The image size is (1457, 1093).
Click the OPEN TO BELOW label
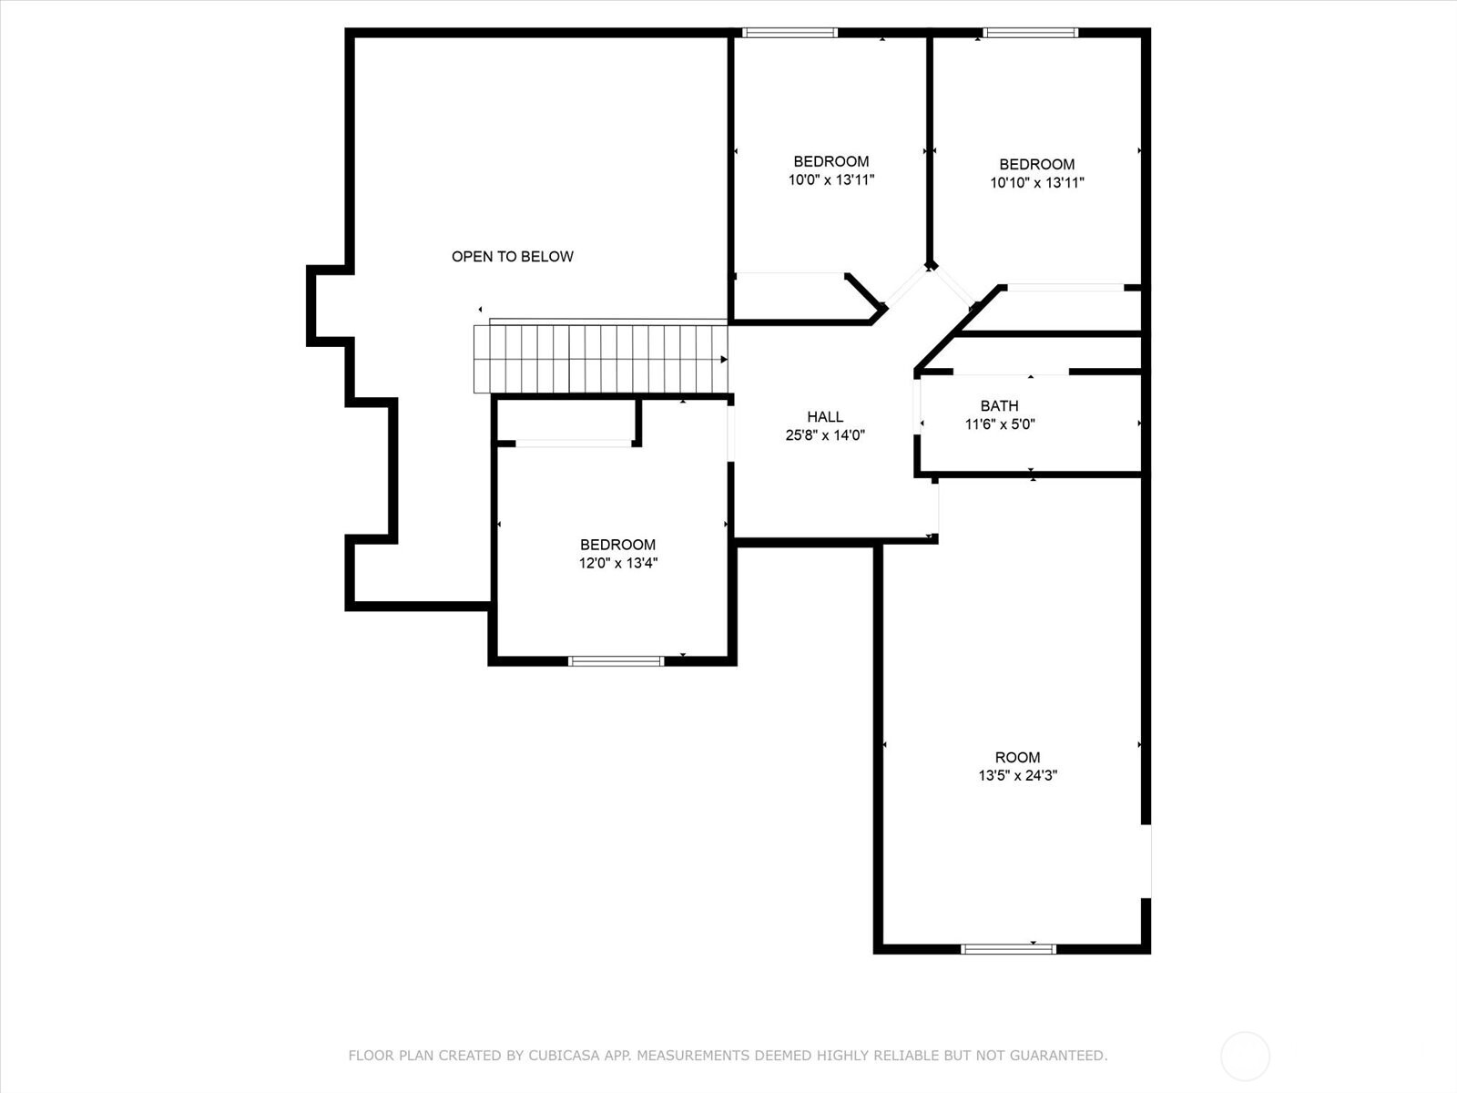513,257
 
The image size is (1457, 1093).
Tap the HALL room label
825,417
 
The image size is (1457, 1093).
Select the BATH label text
999,406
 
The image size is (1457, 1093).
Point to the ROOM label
1017,758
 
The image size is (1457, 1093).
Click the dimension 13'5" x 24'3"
1017,776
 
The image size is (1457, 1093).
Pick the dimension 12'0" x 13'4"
618,563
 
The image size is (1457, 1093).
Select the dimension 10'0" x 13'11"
830,180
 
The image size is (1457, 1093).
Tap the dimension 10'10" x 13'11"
1037,183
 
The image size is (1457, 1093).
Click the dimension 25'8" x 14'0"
825,435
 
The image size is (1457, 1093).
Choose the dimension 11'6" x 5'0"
1000,424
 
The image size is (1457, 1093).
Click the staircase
601,358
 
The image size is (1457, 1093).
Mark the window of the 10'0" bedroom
790,33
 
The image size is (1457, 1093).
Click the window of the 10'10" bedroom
1031,33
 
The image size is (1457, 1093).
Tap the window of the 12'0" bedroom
616,660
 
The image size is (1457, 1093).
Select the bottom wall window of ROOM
1008,949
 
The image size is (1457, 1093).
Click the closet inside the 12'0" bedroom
566,421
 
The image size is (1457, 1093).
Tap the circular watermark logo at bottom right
1245,1057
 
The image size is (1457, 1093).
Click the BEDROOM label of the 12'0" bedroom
617,545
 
